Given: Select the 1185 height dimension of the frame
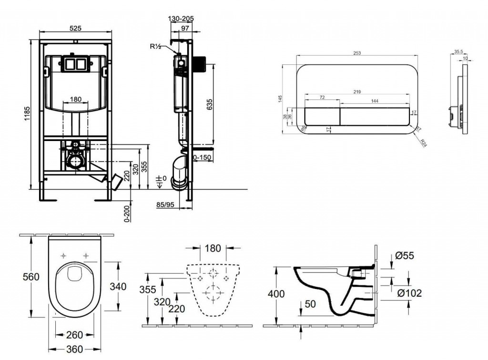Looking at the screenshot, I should tap(28, 115).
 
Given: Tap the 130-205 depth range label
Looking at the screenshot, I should tap(182, 19).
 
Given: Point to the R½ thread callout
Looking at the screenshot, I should tap(156, 47).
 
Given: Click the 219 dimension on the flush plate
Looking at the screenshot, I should tap(357, 91).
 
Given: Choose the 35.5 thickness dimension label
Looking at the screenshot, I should tap(458, 52).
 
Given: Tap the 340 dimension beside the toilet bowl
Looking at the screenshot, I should tap(118, 286).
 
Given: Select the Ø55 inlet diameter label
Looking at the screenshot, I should tap(405, 255).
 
